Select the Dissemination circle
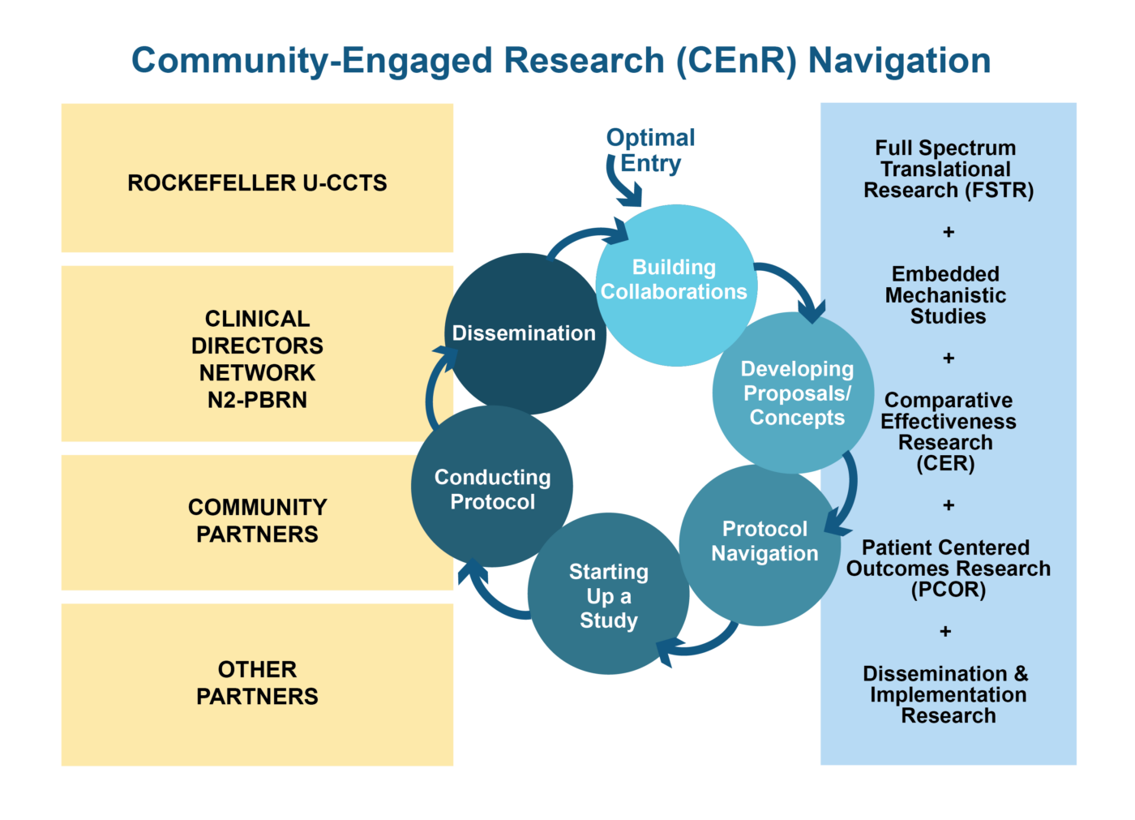click(524, 333)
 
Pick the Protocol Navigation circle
click(760, 543)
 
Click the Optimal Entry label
click(650, 150)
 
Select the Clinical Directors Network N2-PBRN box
click(257, 354)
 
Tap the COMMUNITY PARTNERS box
click(257, 522)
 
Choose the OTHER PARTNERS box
click(257, 684)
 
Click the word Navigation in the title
click(899, 61)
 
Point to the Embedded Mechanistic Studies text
click(946, 295)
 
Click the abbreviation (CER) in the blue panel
click(945, 464)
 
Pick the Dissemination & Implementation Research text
click(946, 694)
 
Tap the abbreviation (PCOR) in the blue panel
click(948, 590)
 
